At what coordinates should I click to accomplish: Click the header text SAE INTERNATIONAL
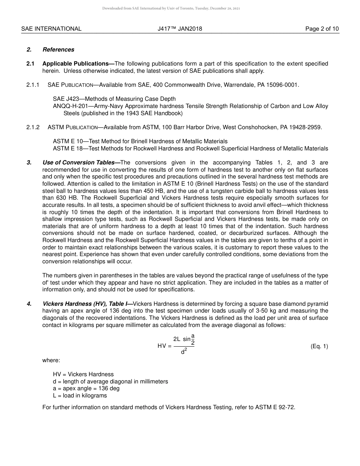pyautogui.click(x=51, y=29)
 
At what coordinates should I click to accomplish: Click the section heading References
pyautogui.click(x=58, y=50)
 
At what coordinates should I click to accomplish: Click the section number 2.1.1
pyautogui.click(x=33, y=85)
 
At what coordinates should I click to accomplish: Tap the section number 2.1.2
pyautogui.click(x=33, y=127)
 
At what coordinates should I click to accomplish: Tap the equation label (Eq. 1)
pyautogui.click(x=319, y=346)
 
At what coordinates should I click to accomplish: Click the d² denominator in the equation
pyautogui.click(x=184, y=352)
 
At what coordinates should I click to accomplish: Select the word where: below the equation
pyautogui.click(x=51, y=360)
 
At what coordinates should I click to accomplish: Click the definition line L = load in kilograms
pyautogui.click(x=80, y=396)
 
